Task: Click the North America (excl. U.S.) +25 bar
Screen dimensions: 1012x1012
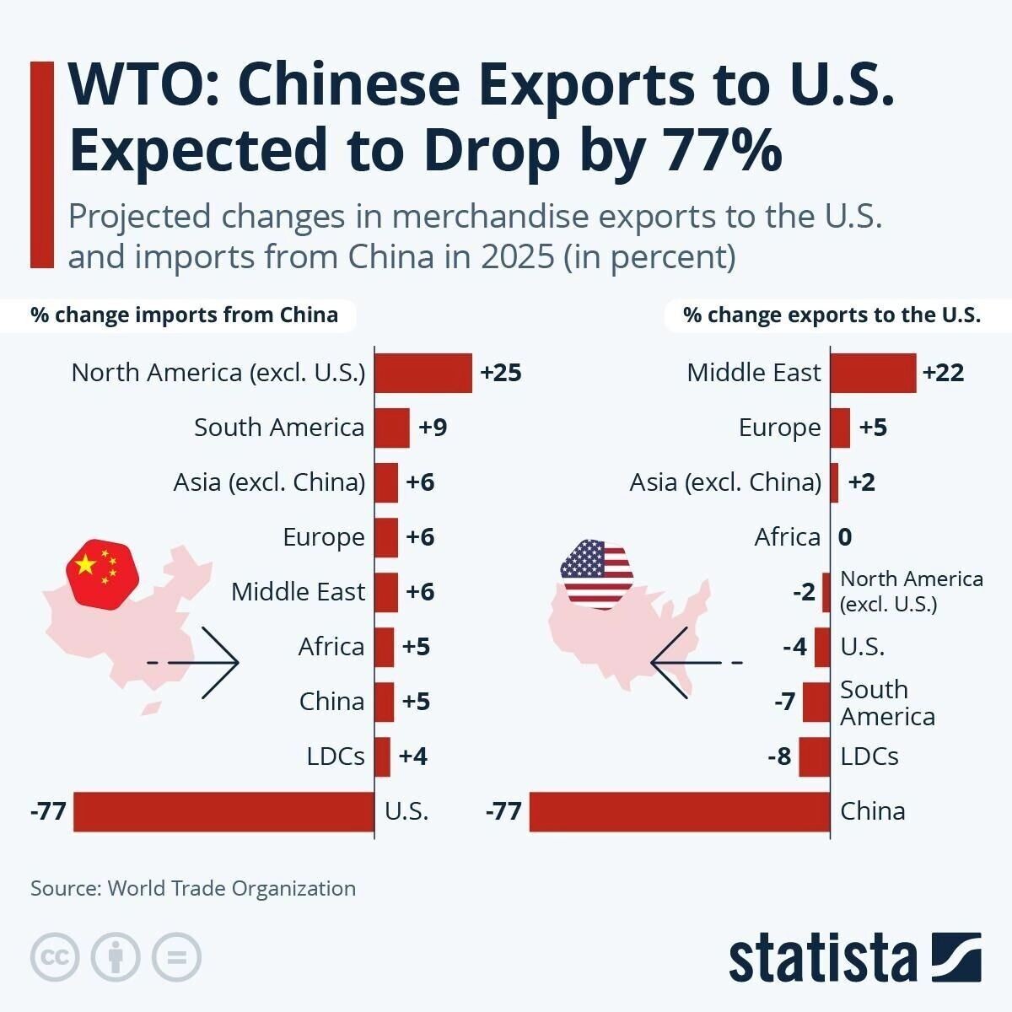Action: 423,373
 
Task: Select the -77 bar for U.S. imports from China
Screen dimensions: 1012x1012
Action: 223,811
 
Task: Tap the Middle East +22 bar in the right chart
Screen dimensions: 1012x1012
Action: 873,373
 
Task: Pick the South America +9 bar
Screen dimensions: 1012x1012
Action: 391,428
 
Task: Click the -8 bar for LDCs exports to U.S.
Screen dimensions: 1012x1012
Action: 814,756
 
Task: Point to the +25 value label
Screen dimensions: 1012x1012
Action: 501,373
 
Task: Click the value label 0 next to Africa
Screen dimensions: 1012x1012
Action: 845,537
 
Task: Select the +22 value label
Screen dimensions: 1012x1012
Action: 944,373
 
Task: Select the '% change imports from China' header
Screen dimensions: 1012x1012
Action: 184,315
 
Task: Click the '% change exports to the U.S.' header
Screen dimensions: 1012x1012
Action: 832,315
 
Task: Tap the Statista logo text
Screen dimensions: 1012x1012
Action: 822,958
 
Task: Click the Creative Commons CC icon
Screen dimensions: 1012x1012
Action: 55,957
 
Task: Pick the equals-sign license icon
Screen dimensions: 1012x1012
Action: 176,957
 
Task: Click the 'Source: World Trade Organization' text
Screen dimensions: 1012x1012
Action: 193,888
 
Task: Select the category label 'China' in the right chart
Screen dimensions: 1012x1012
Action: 873,811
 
